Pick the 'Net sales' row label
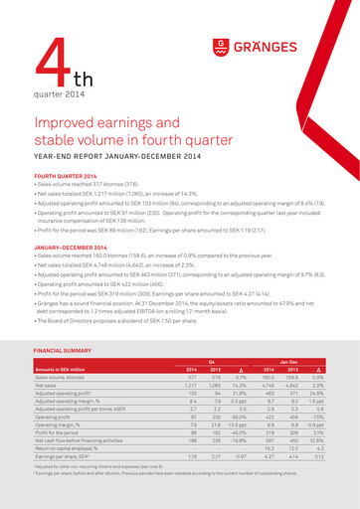click(x=50, y=385)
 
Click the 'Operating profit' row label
click(x=56, y=418)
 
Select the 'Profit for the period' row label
click(x=61, y=433)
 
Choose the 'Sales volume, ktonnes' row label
click(x=65, y=377)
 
